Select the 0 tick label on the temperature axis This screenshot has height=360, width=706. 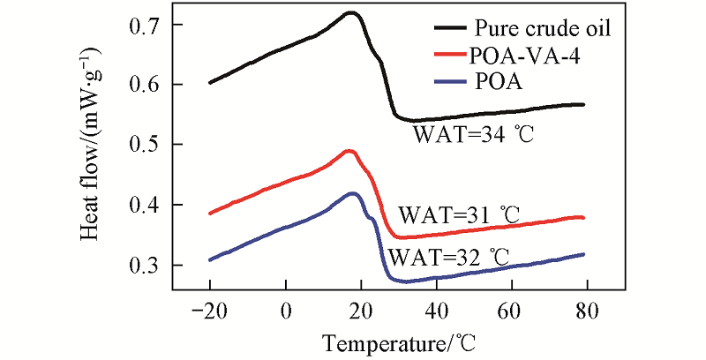coord(285,310)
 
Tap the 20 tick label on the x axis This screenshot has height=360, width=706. coord(360,310)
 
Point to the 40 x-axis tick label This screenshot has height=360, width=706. coord(435,310)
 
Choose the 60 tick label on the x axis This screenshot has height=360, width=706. coord(510,310)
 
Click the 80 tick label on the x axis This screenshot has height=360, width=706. coord(586,310)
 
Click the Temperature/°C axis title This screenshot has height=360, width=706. coord(393,341)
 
